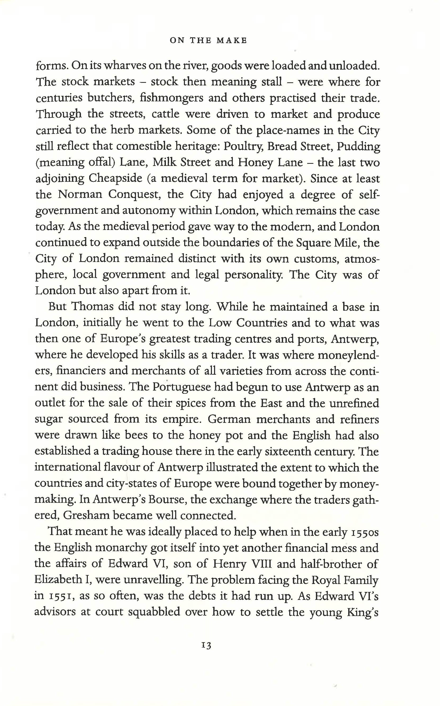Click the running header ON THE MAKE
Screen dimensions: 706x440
pos(208,40)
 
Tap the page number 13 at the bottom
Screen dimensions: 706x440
pos(206,645)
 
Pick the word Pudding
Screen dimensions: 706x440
pos(358,146)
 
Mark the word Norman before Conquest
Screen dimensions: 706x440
pos(80,194)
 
